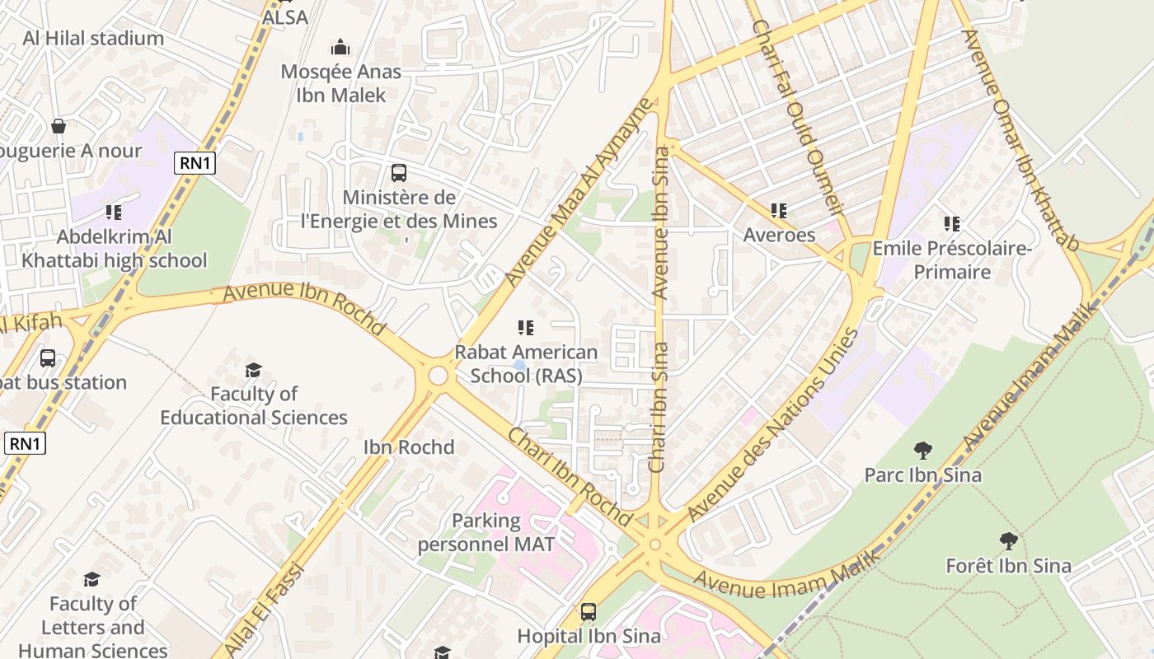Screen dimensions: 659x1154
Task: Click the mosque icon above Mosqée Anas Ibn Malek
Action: click(x=340, y=47)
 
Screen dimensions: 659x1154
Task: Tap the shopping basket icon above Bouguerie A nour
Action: click(x=59, y=126)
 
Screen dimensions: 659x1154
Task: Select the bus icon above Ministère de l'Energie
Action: click(x=399, y=173)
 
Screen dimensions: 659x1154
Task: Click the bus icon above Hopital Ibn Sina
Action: click(x=588, y=611)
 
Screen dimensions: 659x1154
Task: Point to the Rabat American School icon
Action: click(x=525, y=328)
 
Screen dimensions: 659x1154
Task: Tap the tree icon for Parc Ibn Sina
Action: click(x=922, y=451)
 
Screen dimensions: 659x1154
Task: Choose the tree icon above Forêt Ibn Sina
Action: click(x=1008, y=541)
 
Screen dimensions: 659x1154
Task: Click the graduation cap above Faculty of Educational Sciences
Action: click(x=254, y=370)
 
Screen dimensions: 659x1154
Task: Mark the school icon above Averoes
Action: click(x=779, y=211)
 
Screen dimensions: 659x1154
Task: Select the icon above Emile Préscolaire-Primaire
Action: click(x=952, y=223)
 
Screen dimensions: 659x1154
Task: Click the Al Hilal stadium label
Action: click(x=93, y=38)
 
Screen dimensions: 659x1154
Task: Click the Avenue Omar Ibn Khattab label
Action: click(x=1020, y=140)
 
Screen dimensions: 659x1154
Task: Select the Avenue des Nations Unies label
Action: click(x=772, y=424)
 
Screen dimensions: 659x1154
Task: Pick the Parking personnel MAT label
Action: click(x=486, y=532)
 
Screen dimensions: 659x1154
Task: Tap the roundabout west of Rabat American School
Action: click(x=438, y=376)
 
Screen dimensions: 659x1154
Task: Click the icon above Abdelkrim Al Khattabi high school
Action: click(x=114, y=213)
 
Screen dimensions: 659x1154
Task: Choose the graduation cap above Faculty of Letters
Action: click(x=91, y=580)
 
